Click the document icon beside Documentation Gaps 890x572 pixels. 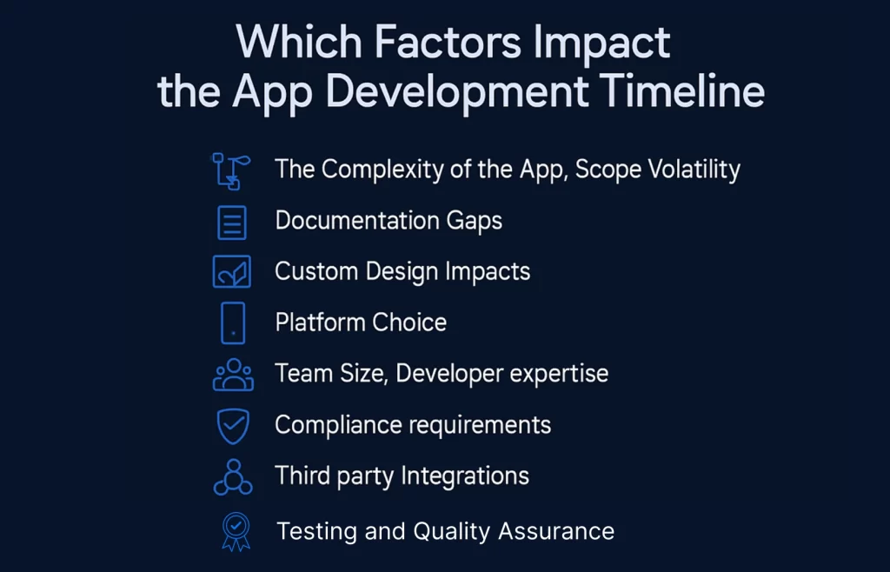coord(232,223)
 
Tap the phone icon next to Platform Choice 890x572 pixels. coord(233,323)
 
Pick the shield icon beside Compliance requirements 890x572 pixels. coord(232,426)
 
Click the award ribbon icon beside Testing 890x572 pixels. coord(235,531)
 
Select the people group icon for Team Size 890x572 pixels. coord(232,375)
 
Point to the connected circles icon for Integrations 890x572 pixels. coord(232,477)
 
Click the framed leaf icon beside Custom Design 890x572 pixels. coord(232,271)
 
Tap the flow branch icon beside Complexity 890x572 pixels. coord(231,170)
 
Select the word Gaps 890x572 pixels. coord(474,221)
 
